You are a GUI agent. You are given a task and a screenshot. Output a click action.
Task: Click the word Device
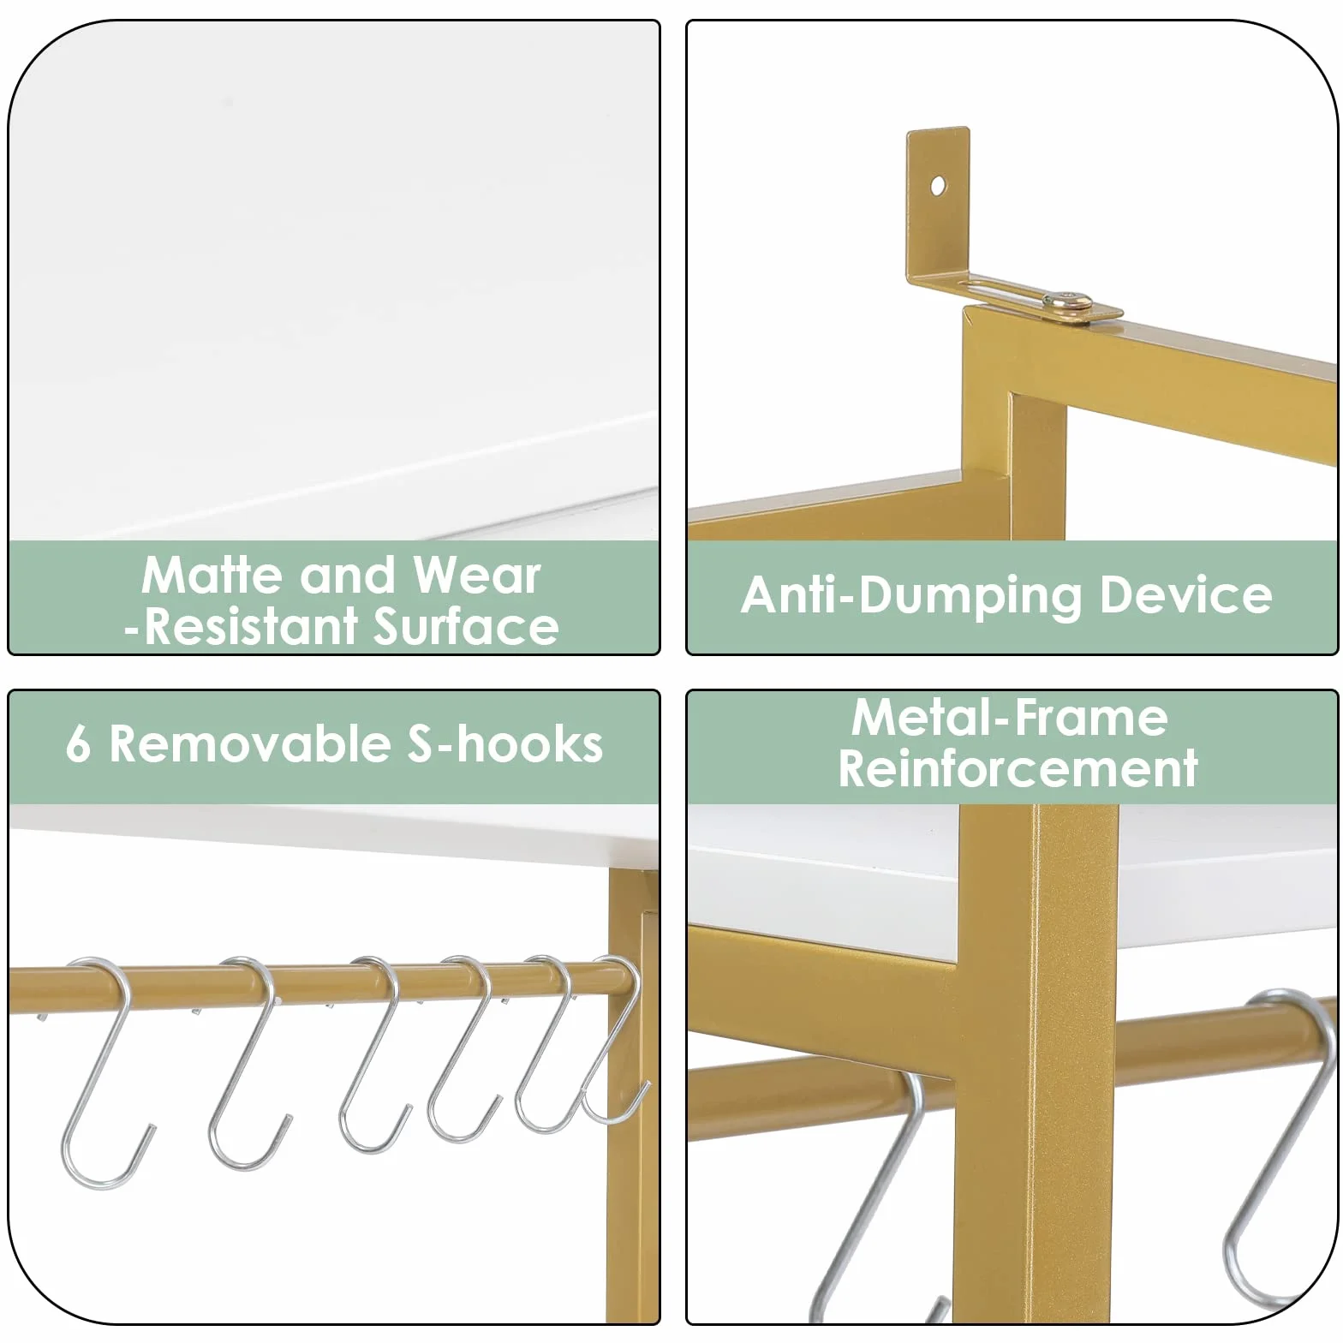(x=1185, y=594)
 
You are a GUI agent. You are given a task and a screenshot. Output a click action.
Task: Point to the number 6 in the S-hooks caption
(x=78, y=744)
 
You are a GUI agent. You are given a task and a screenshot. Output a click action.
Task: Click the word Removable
(x=250, y=743)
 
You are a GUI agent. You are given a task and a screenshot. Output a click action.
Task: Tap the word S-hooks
(x=504, y=743)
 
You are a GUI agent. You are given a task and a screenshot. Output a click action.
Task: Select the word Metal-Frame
(x=1009, y=717)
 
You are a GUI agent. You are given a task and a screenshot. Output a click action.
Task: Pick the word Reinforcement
(x=1018, y=767)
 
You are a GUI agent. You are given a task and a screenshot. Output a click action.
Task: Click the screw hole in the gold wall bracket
(x=939, y=185)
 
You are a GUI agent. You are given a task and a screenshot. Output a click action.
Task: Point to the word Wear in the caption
(x=477, y=575)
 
